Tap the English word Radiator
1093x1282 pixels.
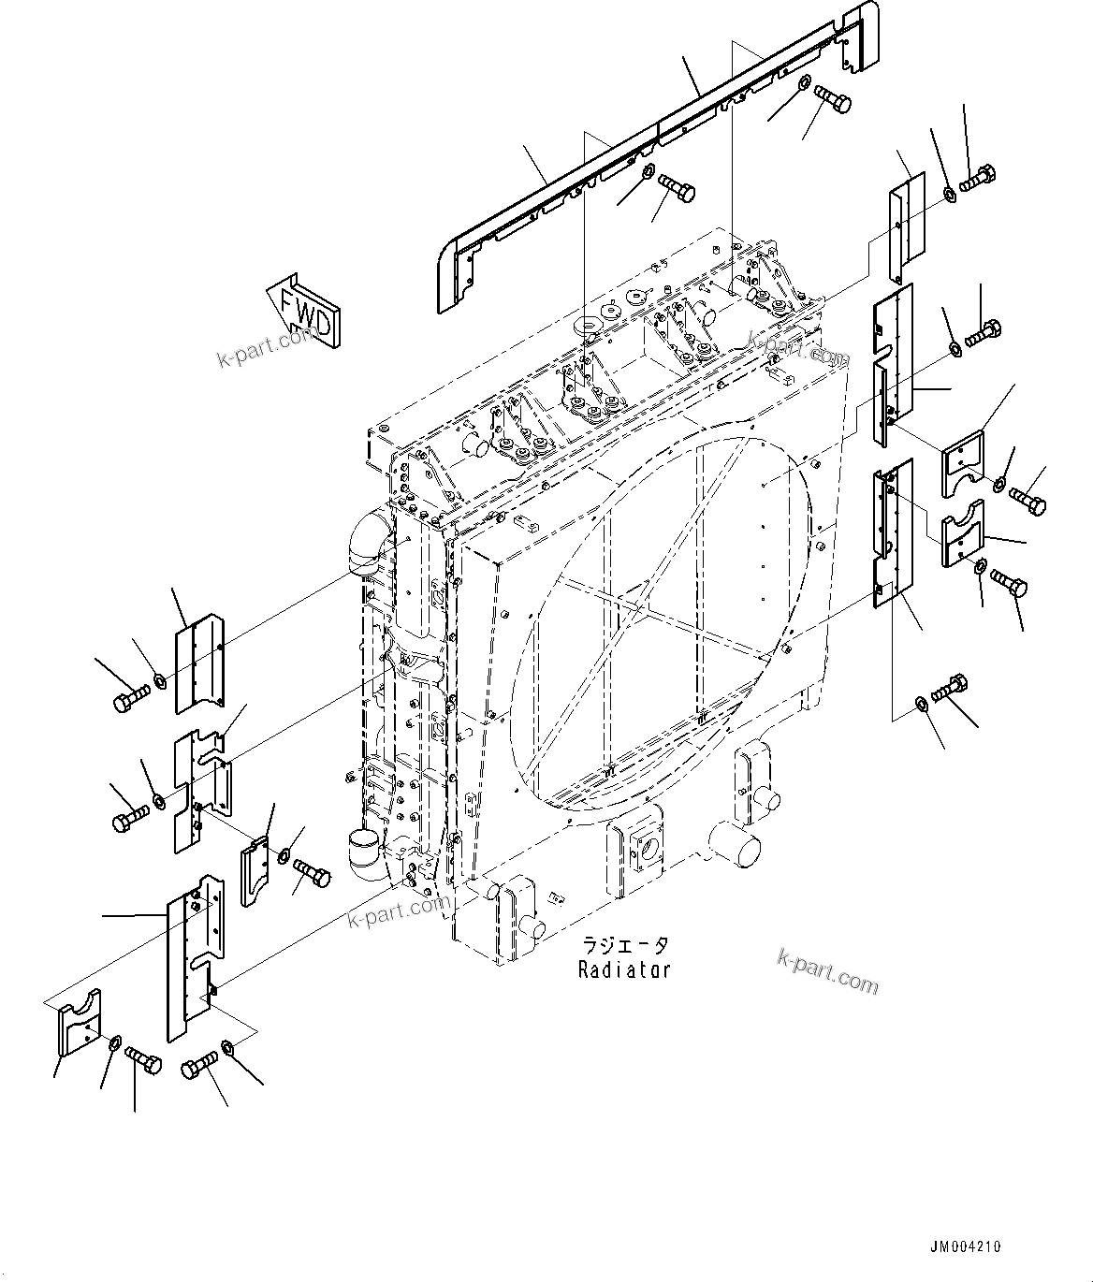coord(624,969)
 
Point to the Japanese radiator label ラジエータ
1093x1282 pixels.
coord(624,945)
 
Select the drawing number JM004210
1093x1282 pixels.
coord(965,1246)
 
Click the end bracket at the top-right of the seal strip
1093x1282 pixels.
coord(860,37)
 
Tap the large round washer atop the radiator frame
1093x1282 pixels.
coord(588,328)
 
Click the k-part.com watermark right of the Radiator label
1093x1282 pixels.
coord(827,969)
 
